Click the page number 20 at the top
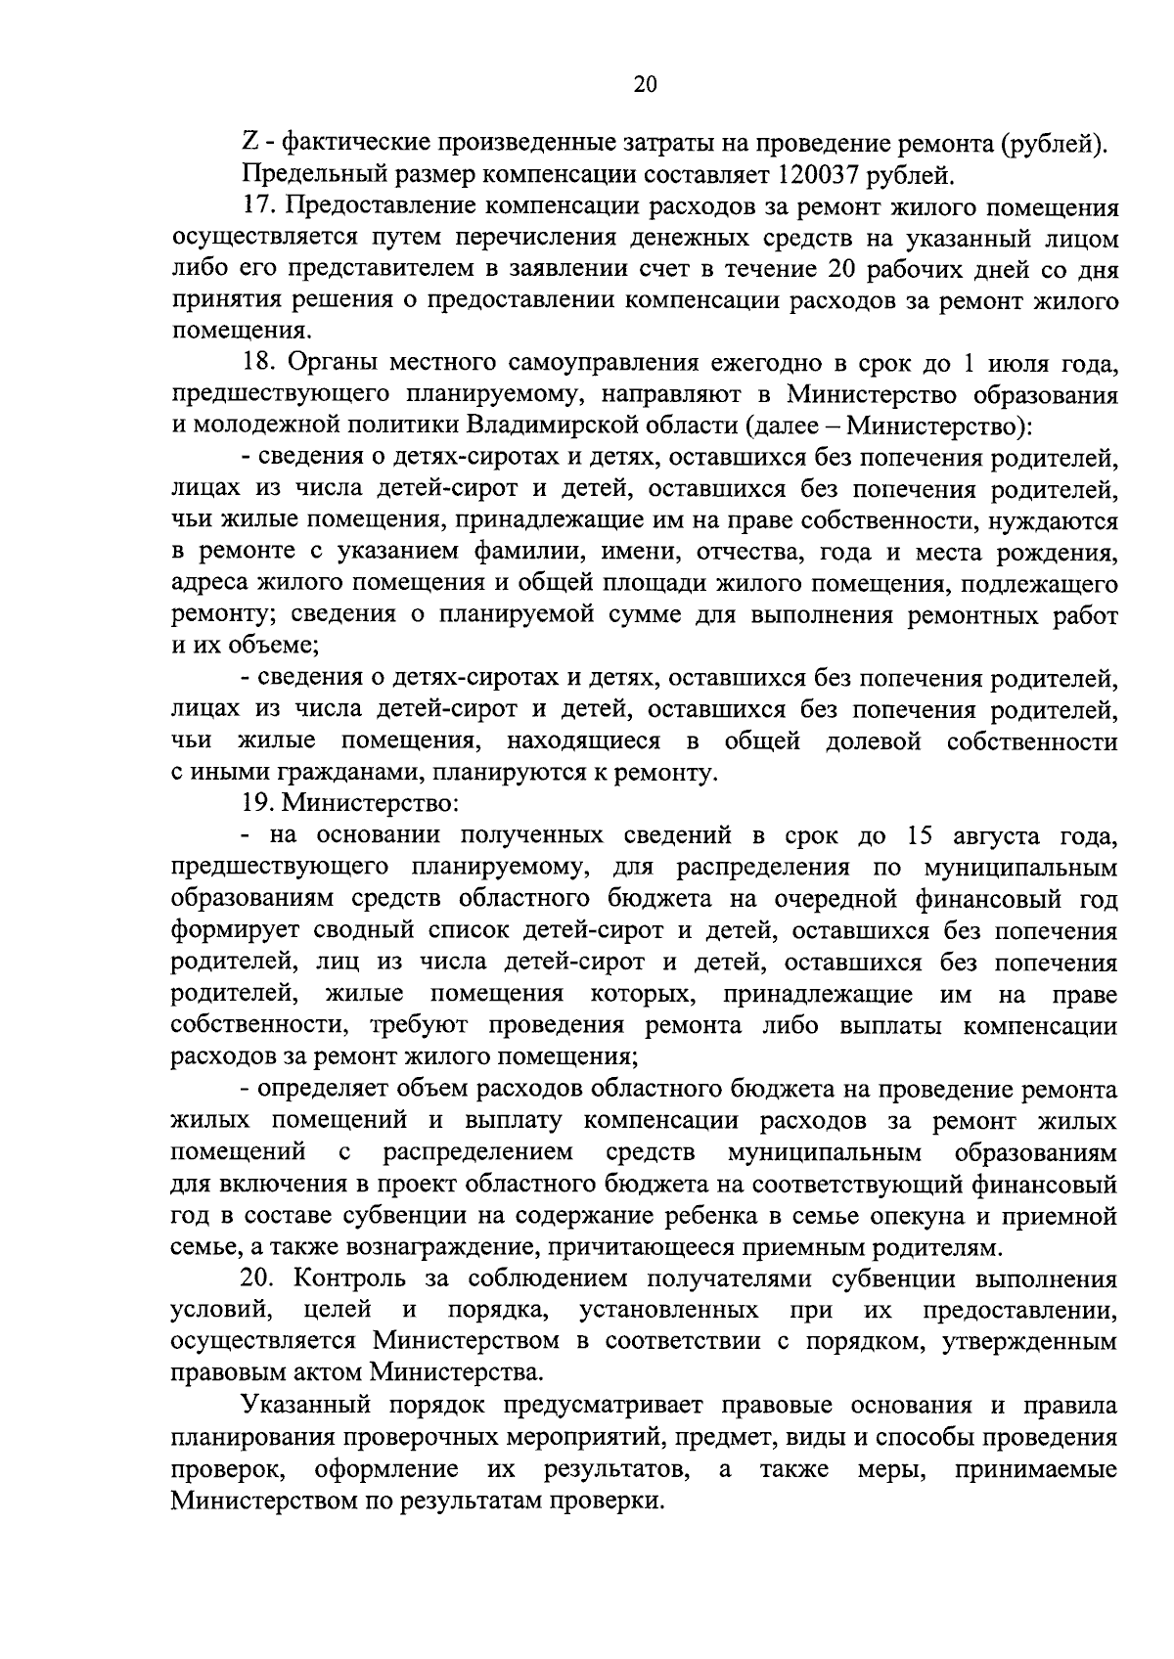click(645, 84)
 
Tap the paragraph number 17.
click(258, 207)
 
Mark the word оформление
click(387, 1469)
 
